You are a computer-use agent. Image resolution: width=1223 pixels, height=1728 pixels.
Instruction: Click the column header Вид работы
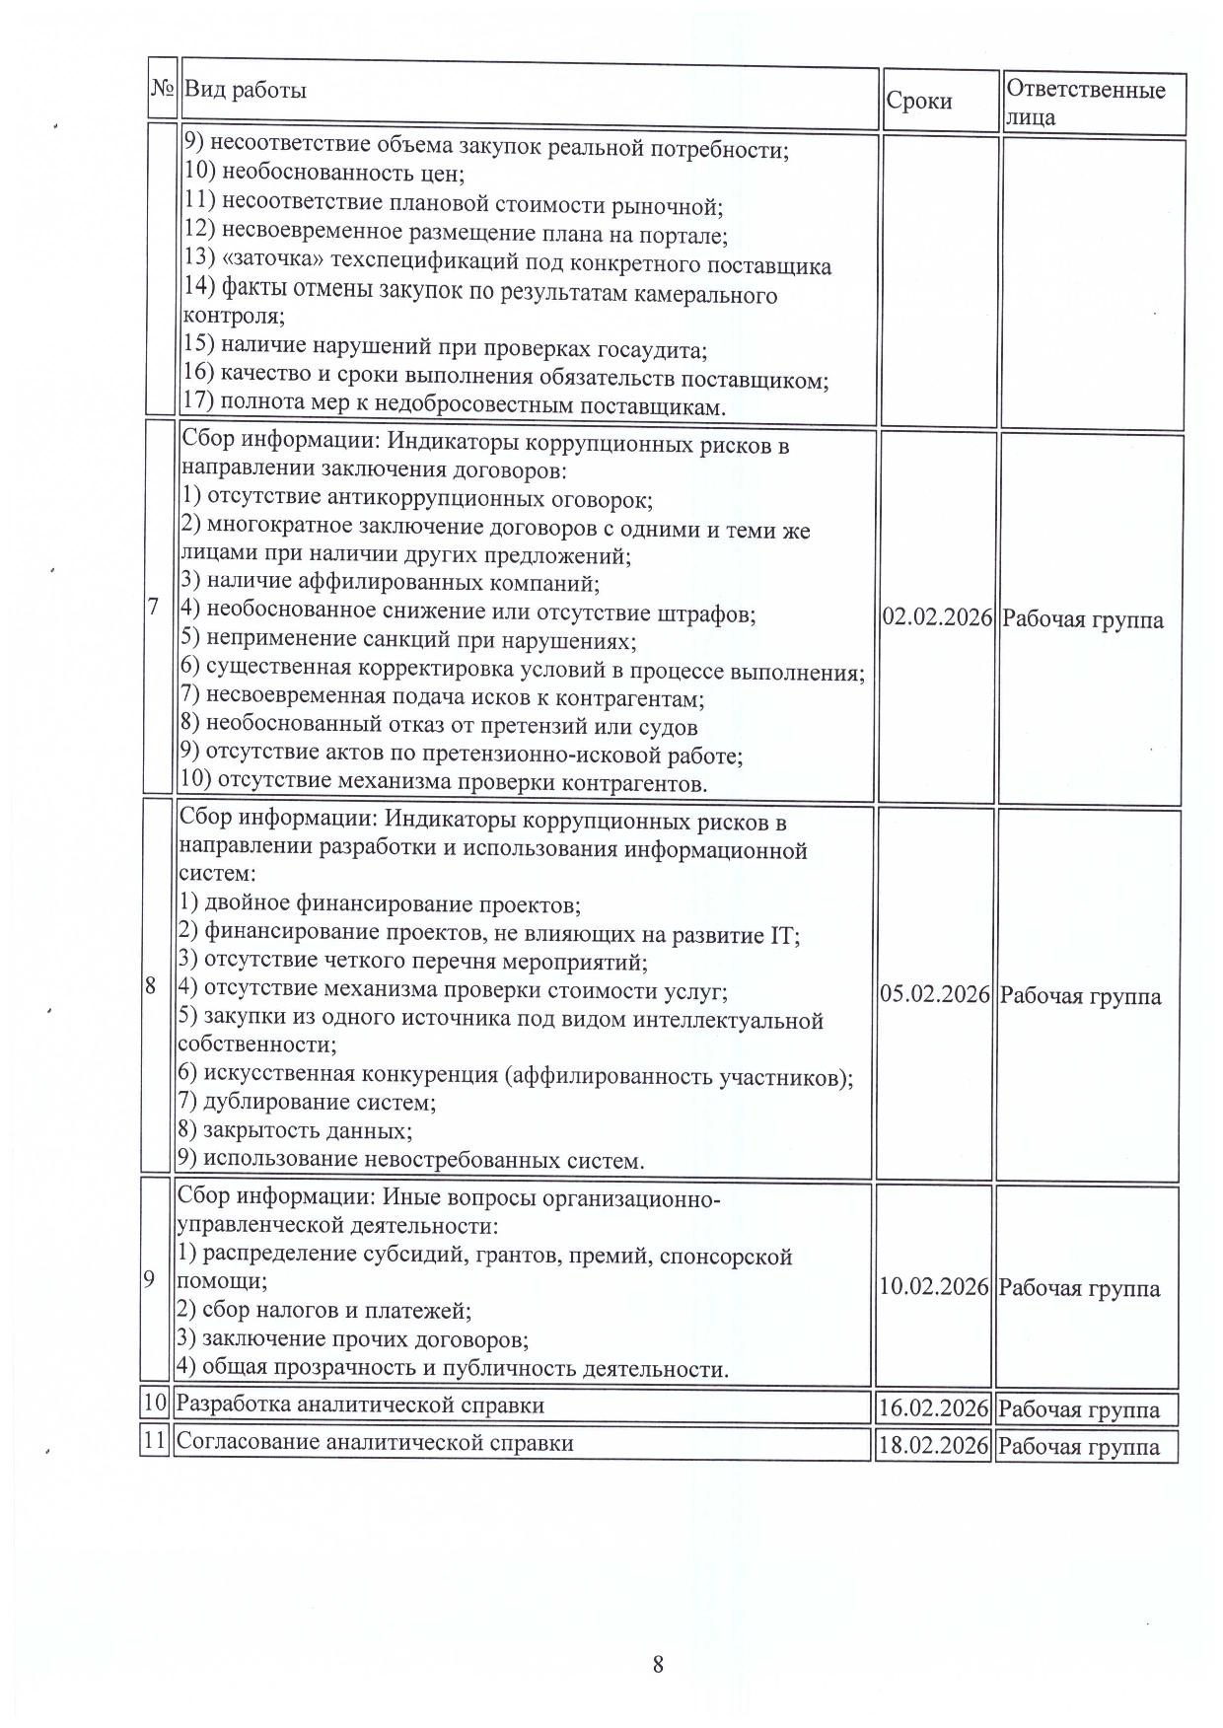coord(246,90)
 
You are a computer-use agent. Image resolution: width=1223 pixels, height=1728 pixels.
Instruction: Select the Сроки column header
coord(919,101)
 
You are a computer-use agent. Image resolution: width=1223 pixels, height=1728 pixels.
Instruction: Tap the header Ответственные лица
coord(1085,103)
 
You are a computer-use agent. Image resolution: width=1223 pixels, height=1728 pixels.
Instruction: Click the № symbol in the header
coord(163,88)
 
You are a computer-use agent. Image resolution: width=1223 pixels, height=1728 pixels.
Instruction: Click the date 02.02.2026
coord(937,618)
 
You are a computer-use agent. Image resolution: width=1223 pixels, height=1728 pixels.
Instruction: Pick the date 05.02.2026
coord(935,994)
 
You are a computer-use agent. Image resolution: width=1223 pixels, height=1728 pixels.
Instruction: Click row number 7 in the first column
coord(153,607)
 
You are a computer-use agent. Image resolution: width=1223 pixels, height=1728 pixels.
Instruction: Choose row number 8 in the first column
coord(151,985)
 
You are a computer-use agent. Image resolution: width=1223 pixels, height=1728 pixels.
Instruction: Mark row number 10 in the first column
coord(155,1403)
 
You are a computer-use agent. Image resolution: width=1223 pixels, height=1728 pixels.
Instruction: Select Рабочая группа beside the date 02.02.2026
coord(1083,619)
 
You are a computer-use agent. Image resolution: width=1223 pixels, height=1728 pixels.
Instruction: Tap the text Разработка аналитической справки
coord(360,1404)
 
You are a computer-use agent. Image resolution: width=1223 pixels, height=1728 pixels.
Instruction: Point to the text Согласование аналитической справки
coord(375,1442)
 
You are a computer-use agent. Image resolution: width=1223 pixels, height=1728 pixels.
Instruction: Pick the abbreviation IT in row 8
coord(779,934)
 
